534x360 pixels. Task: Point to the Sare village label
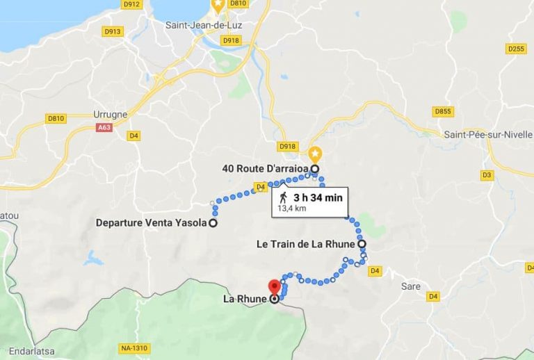pyautogui.click(x=412, y=286)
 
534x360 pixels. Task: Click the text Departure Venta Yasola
pyautogui.click(x=152, y=223)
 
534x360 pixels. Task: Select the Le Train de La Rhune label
pyautogui.click(x=306, y=244)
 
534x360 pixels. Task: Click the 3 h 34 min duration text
pyautogui.click(x=318, y=197)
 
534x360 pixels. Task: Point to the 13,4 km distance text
pyautogui.click(x=292, y=208)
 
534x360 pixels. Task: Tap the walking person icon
pyautogui.click(x=284, y=198)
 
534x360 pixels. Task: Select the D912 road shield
pyautogui.click(x=131, y=4)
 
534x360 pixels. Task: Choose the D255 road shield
pyautogui.click(x=516, y=48)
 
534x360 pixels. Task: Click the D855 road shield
pyautogui.click(x=442, y=111)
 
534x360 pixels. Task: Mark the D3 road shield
pyautogui.click(x=487, y=174)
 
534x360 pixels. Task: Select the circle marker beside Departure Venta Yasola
pyautogui.click(x=213, y=223)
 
